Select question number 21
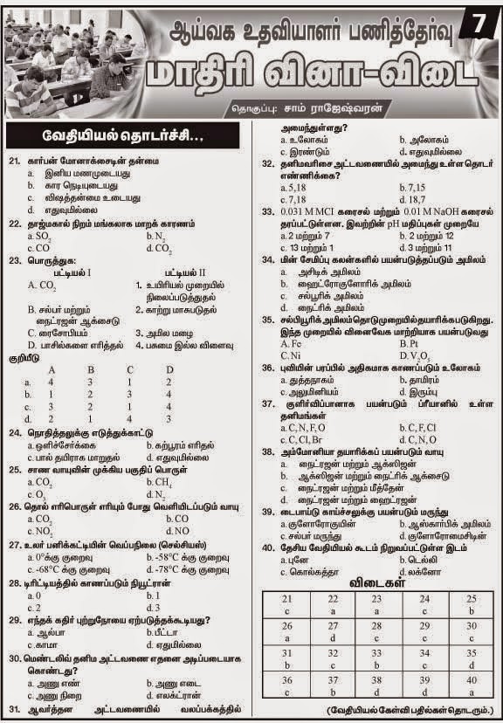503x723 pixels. tap(14, 162)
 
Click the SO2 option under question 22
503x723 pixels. tap(38, 236)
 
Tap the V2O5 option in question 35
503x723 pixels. tap(411, 355)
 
